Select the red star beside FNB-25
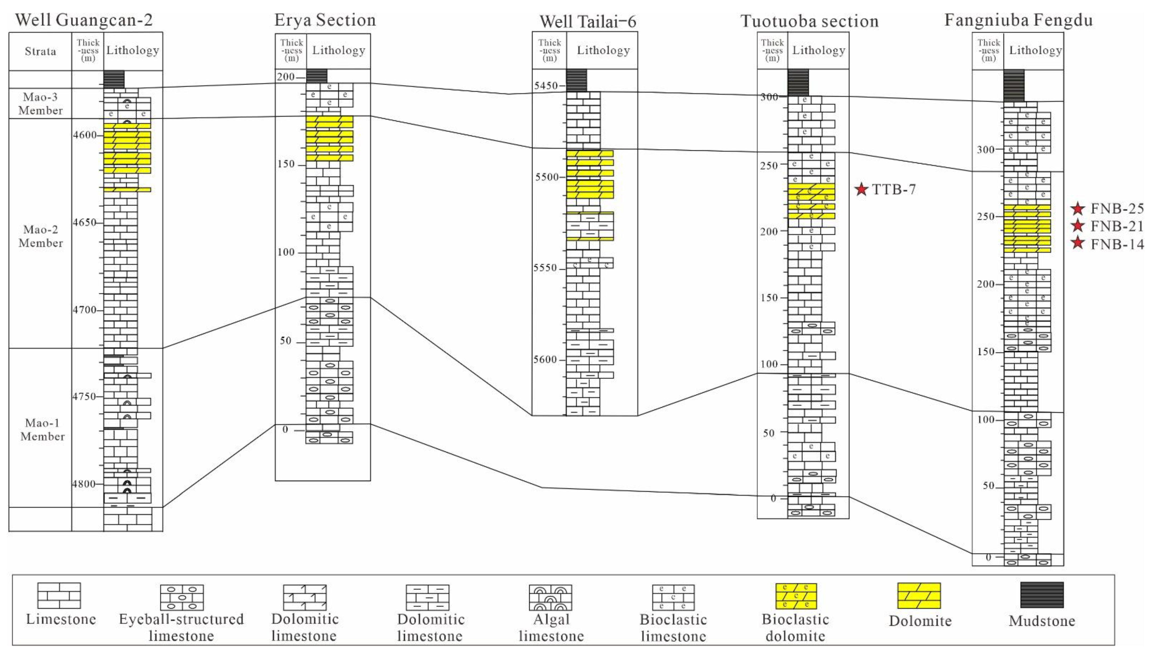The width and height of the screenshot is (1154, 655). tap(1078, 209)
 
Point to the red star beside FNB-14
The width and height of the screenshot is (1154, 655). tap(1078, 243)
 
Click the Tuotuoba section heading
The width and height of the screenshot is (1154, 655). tap(809, 21)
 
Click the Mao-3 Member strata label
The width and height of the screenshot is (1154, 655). tap(40, 103)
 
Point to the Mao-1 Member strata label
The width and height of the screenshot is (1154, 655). tap(42, 430)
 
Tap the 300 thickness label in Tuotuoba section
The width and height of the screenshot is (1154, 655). tap(769, 97)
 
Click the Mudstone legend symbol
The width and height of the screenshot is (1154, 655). tap(1042, 595)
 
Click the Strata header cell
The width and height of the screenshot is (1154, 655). tap(40, 51)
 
